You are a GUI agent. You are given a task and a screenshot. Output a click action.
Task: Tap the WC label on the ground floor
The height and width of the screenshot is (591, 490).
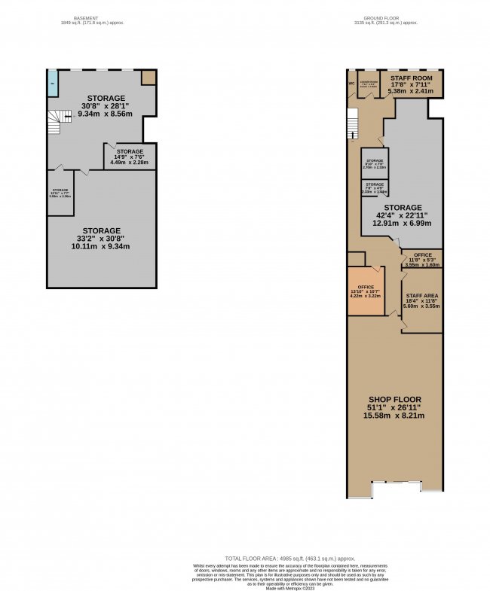click(351, 83)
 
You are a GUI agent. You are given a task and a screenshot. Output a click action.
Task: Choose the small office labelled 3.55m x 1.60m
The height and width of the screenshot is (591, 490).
click(421, 260)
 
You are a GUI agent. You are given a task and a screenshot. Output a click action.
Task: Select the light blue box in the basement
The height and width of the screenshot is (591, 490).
click(53, 83)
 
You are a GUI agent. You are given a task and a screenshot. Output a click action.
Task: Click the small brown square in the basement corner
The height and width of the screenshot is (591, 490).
click(149, 78)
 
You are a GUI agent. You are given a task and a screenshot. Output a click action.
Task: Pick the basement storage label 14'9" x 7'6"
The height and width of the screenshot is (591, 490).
click(130, 156)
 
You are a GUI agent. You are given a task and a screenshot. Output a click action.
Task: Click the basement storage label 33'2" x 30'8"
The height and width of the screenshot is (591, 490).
click(101, 238)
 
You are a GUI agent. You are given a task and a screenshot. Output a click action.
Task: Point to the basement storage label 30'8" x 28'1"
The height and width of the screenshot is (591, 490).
click(106, 106)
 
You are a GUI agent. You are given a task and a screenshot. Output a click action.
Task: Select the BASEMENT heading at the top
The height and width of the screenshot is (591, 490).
click(91, 19)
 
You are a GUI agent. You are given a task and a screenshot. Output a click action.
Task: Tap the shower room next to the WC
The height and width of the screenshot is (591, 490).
click(368, 85)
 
